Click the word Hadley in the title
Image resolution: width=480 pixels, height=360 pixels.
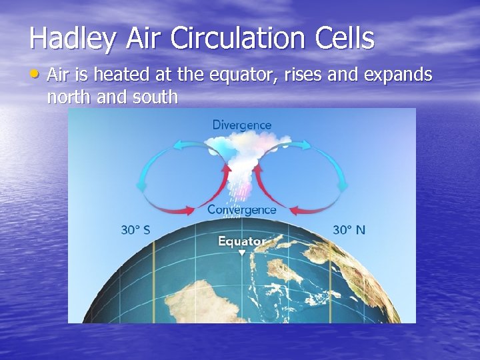coord(73,39)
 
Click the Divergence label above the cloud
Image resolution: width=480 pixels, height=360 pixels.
coord(241,125)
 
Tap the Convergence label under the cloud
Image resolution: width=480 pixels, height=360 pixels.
coord(241,209)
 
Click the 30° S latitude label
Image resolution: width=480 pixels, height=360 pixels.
coord(135,230)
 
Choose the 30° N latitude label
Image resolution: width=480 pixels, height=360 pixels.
coord(349,230)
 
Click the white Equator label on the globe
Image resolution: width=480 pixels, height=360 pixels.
coord(241,241)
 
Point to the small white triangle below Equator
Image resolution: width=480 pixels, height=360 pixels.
coord(242,253)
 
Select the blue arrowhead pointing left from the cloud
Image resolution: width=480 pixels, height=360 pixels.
coord(181,145)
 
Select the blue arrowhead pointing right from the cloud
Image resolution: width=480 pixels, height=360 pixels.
coord(305,145)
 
